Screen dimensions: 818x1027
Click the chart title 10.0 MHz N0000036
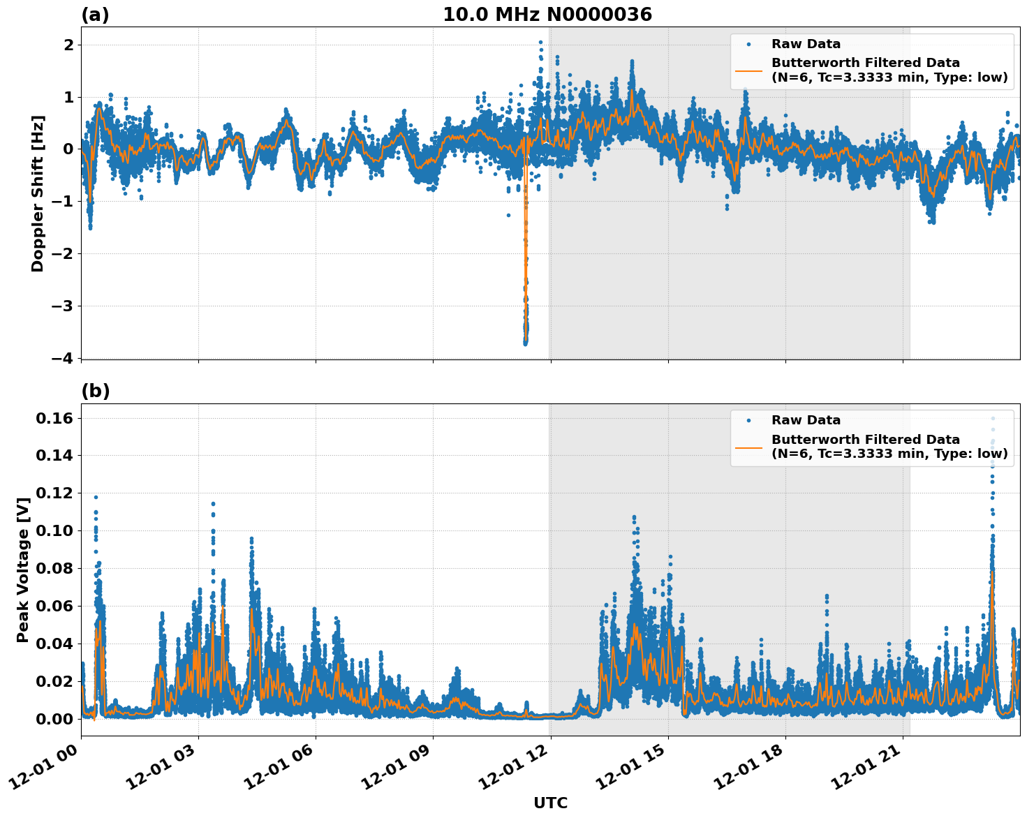click(547, 15)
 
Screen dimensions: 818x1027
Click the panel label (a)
click(95, 15)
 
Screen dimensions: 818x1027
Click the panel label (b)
click(95, 392)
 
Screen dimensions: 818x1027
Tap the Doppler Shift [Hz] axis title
click(38, 193)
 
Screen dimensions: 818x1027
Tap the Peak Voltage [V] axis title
click(23, 570)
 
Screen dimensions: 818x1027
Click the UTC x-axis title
click(550, 803)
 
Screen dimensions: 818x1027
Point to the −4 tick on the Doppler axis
click(61, 358)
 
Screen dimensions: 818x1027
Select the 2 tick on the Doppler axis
click(68, 45)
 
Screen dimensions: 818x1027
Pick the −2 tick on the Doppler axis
click(61, 254)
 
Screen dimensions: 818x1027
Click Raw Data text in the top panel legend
click(806, 44)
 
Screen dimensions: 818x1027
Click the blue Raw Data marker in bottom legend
click(748, 420)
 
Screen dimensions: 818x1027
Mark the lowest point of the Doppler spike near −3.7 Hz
click(525, 343)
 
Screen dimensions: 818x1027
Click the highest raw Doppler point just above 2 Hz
click(540, 43)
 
